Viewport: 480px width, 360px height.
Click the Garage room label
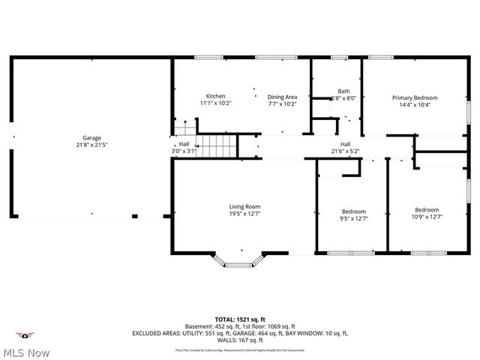tap(91, 138)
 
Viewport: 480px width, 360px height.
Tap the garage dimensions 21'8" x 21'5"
tap(91, 145)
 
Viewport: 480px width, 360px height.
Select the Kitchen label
tap(216, 96)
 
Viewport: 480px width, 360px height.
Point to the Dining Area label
tap(283, 97)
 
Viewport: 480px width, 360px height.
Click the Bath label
tap(343, 90)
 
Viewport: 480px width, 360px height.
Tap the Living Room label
tap(244, 206)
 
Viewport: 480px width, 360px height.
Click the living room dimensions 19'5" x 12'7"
tap(244, 214)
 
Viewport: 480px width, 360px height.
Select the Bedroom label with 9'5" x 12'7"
tap(354, 211)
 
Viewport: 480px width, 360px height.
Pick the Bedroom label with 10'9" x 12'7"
tap(427, 210)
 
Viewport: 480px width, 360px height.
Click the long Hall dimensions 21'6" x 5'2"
tap(345, 151)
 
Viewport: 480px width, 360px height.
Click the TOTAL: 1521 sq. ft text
tap(240, 319)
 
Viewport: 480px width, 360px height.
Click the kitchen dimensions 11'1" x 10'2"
tap(216, 103)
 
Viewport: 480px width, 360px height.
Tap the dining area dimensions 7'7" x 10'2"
tap(283, 104)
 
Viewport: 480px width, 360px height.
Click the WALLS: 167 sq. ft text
tap(240, 340)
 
